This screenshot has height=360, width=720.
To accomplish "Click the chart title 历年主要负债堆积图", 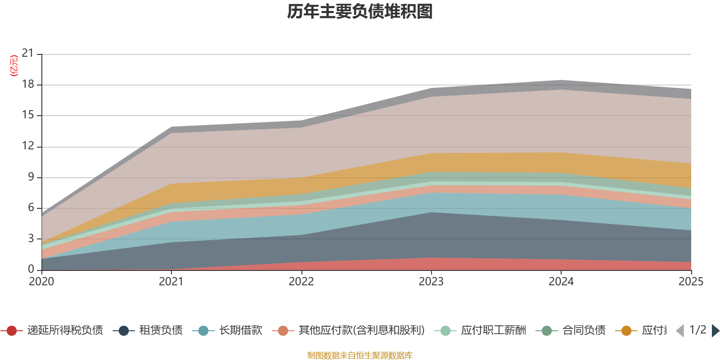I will (x=360, y=12).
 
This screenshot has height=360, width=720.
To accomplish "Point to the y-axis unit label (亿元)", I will (x=14, y=66).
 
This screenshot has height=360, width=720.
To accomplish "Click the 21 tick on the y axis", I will (x=28, y=54).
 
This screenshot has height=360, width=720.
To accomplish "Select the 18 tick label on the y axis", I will (x=28, y=85).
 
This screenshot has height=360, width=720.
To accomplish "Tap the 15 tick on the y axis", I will (x=28, y=115).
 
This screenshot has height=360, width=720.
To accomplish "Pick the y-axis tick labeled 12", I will (x=28, y=146).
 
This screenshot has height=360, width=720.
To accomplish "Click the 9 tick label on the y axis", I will (x=31, y=177).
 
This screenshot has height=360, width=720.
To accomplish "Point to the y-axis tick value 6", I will (x=31, y=207).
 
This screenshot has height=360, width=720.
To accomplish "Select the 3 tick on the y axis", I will (x=31, y=238).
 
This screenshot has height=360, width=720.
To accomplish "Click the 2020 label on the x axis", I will (x=41, y=282).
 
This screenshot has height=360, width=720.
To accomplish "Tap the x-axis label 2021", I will (x=171, y=282).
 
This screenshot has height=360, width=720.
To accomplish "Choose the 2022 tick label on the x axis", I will (x=301, y=282).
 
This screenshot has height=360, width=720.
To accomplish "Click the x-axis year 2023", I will (x=431, y=282).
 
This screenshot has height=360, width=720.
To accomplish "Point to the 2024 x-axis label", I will (x=561, y=282).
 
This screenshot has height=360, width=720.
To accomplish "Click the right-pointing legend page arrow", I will (x=715, y=331).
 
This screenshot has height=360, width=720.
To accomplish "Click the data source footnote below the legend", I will (x=360, y=355).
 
